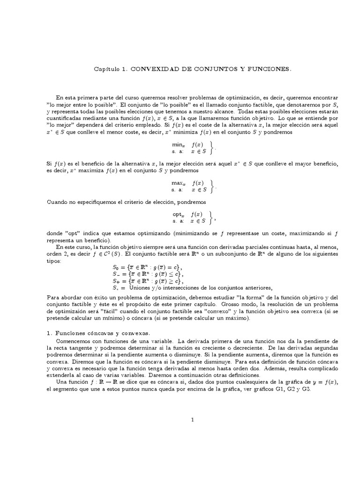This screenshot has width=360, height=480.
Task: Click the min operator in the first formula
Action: pos(178,145)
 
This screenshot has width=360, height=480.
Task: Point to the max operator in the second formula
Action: pos(178,183)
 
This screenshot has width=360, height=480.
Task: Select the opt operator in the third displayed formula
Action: pos(178,214)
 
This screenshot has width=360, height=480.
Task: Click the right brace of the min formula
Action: pos(213,149)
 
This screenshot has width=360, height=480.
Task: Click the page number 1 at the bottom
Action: pos(192,420)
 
